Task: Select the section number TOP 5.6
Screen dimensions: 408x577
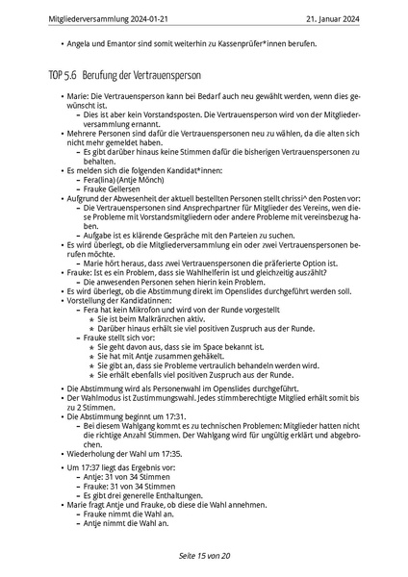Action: (x=62, y=75)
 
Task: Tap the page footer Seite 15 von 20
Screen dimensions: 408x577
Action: (x=203, y=556)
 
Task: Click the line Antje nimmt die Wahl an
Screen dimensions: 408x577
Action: (x=125, y=522)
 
